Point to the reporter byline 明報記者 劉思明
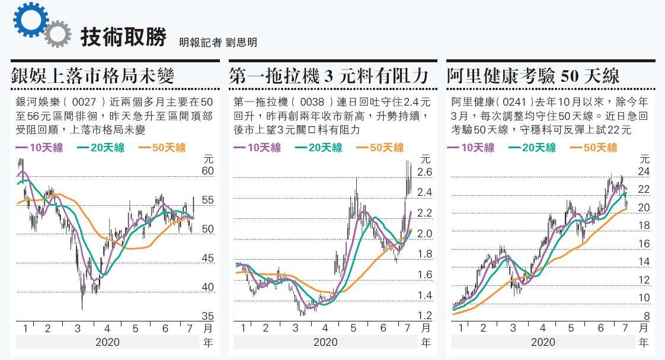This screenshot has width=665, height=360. click(x=218, y=42)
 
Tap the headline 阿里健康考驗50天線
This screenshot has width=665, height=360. click(x=533, y=76)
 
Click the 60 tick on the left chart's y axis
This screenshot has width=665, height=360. click(x=207, y=171)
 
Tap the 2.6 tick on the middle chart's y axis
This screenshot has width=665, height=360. click(x=424, y=172)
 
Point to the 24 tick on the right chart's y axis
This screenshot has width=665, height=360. click(x=644, y=172)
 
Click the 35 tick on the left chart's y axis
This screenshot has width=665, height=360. click(x=207, y=316)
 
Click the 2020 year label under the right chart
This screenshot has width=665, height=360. click(x=543, y=342)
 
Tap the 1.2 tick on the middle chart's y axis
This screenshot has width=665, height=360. click(x=424, y=316)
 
